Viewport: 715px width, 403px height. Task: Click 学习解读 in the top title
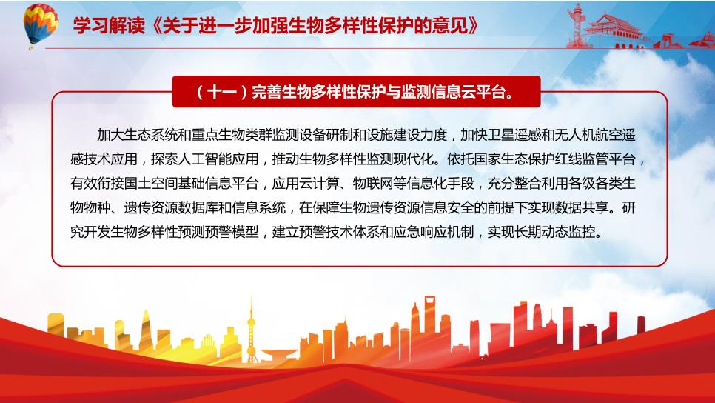tap(109, 26)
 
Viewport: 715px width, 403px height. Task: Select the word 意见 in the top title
tap(449, 26)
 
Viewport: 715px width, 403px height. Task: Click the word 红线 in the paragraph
tap(568, 159)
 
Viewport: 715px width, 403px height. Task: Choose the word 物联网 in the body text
tap(373, 184)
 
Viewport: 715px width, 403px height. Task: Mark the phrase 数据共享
tap(581, 207)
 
